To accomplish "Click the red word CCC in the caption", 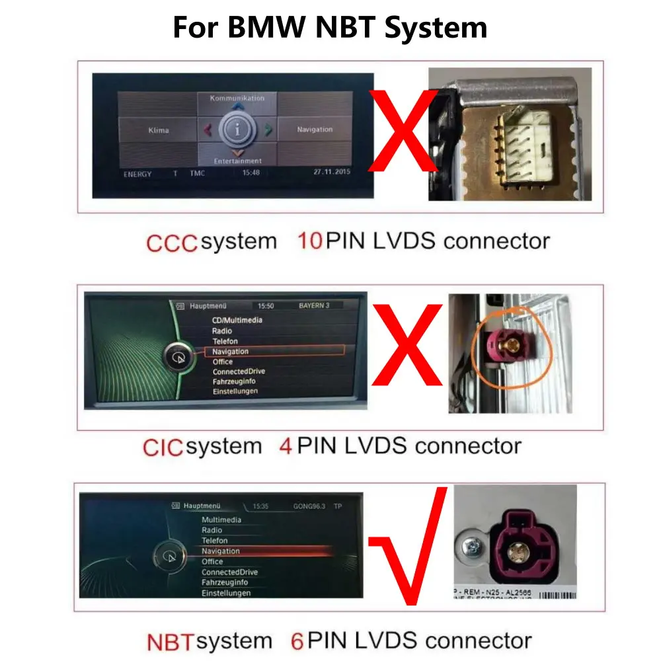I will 172,243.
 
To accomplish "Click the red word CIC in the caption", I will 163,447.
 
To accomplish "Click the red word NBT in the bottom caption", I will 170,641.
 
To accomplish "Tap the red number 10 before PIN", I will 309,241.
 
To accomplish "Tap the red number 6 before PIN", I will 297,641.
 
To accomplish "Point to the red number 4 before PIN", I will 286,446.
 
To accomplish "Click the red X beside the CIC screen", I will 407,344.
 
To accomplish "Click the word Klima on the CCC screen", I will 159,130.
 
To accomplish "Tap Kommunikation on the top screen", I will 237,98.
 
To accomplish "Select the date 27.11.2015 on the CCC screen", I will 332,172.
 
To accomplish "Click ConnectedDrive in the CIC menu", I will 239,371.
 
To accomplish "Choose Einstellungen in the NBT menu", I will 226,593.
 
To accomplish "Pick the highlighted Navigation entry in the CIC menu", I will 231,352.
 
